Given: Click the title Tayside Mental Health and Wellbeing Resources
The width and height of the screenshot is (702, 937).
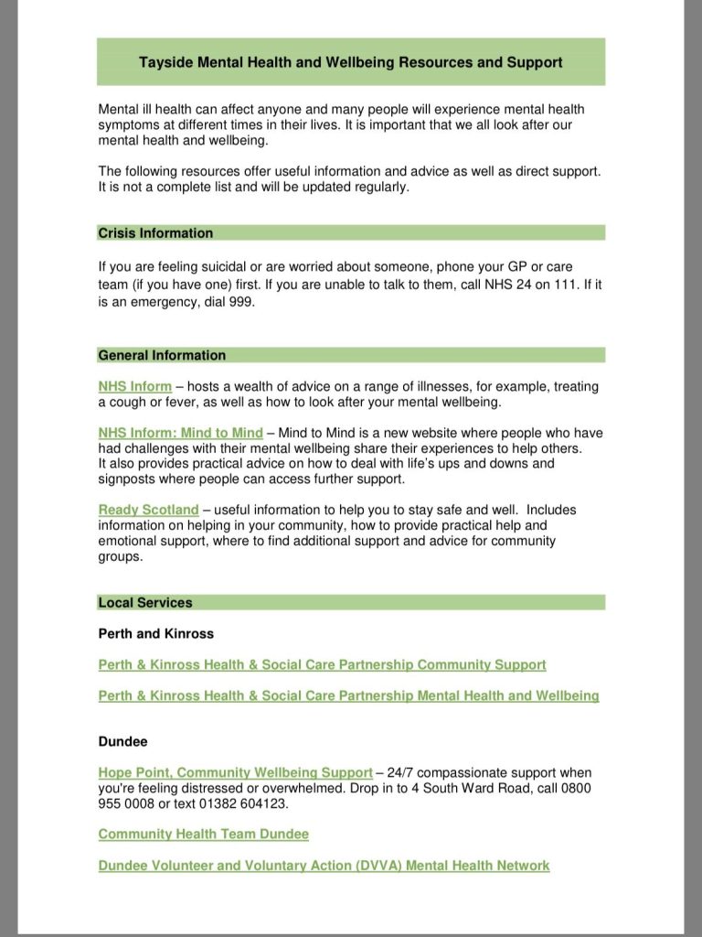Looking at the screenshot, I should click(x=351, y=62).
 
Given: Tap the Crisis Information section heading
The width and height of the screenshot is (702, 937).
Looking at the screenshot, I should click(x=155, y=233).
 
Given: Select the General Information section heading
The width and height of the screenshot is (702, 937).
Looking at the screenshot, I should click(x=162, y=355).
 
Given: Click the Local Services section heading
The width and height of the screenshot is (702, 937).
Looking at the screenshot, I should click(x=145, y=602).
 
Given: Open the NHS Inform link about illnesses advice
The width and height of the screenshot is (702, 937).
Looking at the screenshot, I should click(x=134, y=386).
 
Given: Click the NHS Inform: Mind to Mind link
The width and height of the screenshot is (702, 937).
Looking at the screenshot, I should click(x=180, y=433).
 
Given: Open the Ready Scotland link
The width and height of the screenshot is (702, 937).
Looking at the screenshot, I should click(x=148, y=510).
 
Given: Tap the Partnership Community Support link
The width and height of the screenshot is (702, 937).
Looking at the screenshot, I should click(x=322, y=664).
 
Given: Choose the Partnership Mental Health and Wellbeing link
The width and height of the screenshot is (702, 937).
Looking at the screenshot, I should click(x=348, y=695).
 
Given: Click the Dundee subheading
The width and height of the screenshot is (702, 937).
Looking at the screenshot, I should click(x=123, y=742).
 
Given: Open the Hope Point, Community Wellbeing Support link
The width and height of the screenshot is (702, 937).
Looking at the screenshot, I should click(x=235, y=773).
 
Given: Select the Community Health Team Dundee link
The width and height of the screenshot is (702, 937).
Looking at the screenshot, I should click(x=203, y=834).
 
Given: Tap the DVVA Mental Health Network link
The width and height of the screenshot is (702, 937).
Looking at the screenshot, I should click(x=324, y=865).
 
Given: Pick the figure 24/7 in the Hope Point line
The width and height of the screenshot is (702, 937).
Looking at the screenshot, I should click(x=402, y=773).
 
